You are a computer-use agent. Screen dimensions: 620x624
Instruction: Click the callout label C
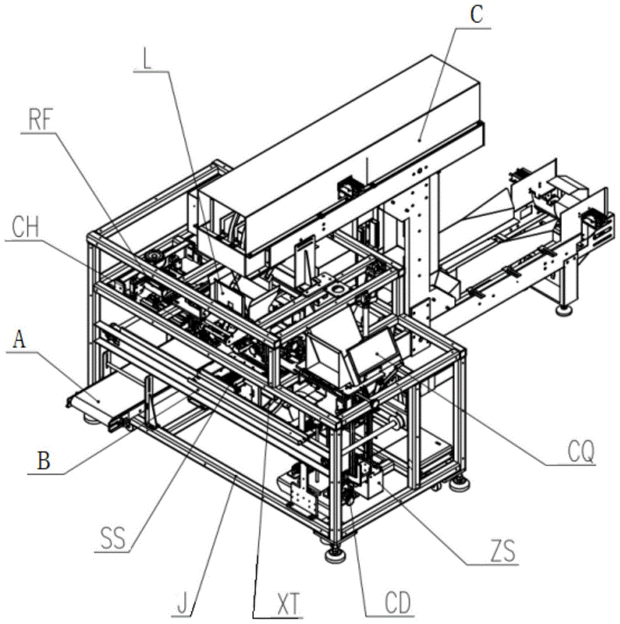coord(477,15)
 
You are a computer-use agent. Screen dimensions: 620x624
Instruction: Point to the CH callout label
coord(26,227)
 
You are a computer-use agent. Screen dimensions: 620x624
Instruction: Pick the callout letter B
coord(43,461)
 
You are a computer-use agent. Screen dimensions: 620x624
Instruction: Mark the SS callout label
coord(113,538)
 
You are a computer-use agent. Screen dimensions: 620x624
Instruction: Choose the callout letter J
coord(182,604)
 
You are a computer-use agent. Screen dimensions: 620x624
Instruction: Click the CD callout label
coord(398,603)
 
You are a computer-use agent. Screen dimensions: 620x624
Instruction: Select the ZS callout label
coord(503,551)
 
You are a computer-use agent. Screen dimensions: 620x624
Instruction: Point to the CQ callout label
coord(581,451)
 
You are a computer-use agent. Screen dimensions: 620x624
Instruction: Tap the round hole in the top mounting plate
coord(339,288)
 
